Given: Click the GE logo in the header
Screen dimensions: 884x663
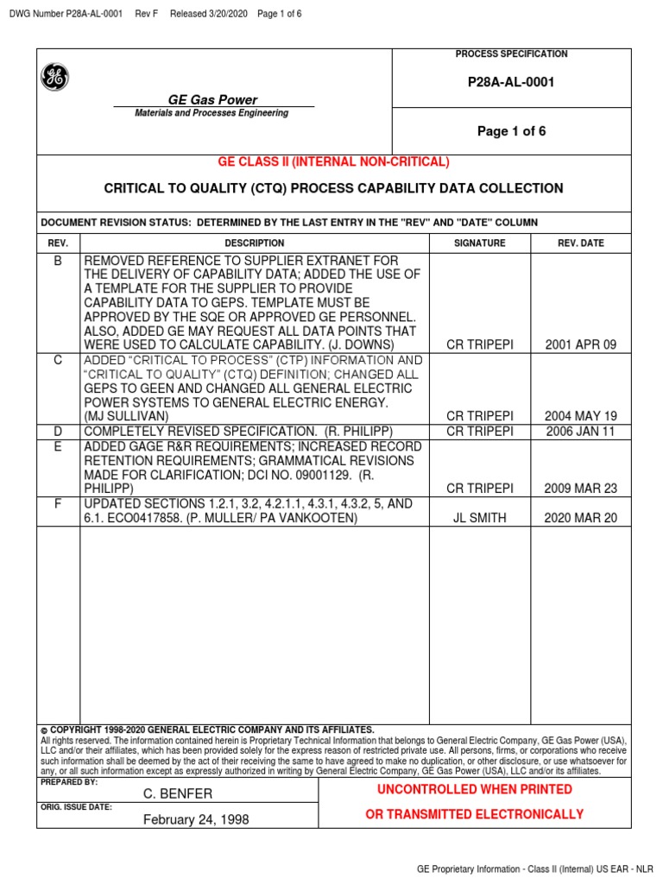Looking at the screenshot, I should pyautogui.click(x=54, y=78).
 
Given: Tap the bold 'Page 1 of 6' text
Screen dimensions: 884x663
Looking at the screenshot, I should pyautogui.click(x=512, y=131).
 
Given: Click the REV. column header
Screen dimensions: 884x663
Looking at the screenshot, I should pyautogui.click(x=58, y=243).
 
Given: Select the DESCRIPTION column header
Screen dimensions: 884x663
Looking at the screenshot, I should pyautogui.click(x=255, y=243).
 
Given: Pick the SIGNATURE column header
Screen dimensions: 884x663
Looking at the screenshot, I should pyautogui.click(x=480, y=243).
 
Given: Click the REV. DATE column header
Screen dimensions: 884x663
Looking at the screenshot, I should pyautogui.click(x=581, y=243).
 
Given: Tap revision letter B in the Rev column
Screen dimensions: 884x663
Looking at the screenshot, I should pyautogui.click(x=58, y=261).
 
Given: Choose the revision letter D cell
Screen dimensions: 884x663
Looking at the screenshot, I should pyautogui.click(x=58, y=431).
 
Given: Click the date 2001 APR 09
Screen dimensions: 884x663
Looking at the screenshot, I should pyautogui.click(x=581, y=344).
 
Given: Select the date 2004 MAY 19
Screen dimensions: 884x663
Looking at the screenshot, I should pyautogui.click(x=581, y=416).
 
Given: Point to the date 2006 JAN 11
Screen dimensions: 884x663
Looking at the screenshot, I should pyautogui.click(x=581, y=431).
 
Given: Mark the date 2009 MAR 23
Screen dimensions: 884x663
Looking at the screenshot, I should pyautogui.click(x=581, y=488).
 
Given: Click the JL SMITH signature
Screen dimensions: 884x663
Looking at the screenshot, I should pyautogui.click(x=480, y=518).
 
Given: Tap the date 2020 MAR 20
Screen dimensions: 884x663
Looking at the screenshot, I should pyautogui.click(x=581, y=518).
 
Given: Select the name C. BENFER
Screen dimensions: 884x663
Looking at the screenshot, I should pyautogui.click(x=178, y=793).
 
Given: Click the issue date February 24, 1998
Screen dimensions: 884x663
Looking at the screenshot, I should pyautogui.click(x=196, y=819).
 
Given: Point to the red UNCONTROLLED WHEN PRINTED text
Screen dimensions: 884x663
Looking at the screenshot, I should pyautogui.click(x=474, y=789).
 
